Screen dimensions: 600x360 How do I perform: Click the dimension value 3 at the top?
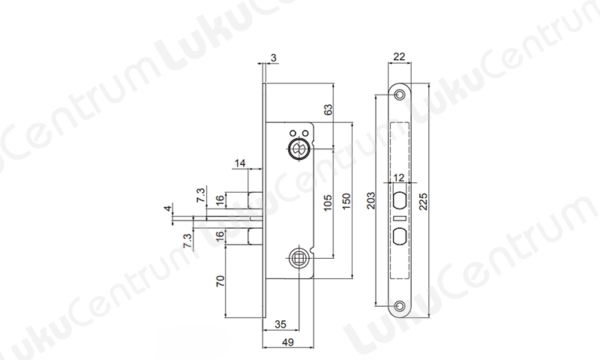pos(273,58)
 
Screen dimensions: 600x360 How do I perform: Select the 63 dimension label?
pos(328,109)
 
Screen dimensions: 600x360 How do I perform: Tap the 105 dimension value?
pos(328,202)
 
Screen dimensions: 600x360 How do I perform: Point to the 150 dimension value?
pos(346,202)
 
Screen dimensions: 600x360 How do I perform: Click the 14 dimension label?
pos(240,163)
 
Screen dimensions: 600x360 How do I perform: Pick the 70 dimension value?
pos(220,280)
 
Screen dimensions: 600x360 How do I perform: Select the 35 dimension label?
pos(280,324)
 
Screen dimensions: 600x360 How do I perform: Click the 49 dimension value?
pos(287,342)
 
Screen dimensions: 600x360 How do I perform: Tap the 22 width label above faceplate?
pos(399,56)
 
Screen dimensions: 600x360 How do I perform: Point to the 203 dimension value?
pos(370,200)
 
